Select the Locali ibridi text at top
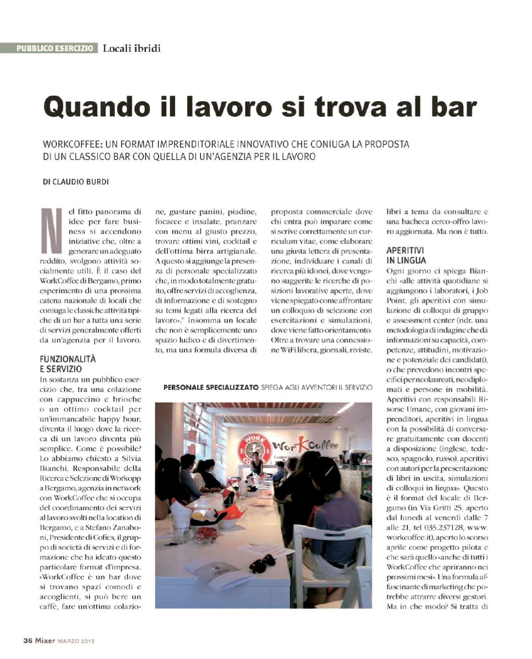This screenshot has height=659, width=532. tap(132, 48)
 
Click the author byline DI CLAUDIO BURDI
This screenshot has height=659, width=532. tap(76, 182)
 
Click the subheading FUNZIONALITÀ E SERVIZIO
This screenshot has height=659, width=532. tap(68, 364)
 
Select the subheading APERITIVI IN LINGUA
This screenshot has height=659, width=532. tap(406, 256)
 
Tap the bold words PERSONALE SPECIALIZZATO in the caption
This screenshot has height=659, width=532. tap(210, 387)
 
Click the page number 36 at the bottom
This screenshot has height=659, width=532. tap(28, 641)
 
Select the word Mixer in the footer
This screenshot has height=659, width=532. tap(45, 641)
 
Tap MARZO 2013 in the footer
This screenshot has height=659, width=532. tap(76, 641)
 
